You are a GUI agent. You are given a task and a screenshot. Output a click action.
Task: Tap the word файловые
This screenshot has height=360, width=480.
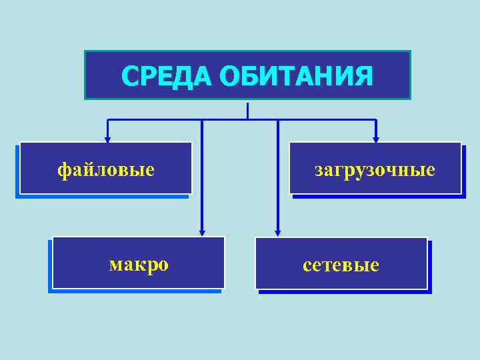point(106,170)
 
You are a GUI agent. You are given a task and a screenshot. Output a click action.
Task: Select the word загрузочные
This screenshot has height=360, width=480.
point(375,170)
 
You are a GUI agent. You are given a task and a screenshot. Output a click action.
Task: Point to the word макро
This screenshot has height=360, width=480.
point(139,265)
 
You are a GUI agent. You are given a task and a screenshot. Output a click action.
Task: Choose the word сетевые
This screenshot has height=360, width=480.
point(341,265)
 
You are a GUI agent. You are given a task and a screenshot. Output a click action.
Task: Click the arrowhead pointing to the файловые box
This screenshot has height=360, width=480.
point(107,140)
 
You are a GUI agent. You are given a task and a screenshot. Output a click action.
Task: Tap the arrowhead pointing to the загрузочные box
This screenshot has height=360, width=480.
point(376,140)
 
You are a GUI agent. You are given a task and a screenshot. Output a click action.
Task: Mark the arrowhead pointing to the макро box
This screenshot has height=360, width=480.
point(202,232)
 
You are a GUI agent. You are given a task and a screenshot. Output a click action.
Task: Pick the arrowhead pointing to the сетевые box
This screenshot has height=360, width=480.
point(278,232)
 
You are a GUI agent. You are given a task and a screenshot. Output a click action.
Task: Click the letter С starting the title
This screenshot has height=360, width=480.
point(129,77)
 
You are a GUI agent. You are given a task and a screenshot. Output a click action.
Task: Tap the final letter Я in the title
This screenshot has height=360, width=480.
point(363,77)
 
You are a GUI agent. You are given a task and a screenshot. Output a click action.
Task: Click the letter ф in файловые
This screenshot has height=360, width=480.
point(63,170)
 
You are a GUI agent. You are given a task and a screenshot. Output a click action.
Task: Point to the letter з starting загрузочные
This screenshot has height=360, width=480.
point(319,170)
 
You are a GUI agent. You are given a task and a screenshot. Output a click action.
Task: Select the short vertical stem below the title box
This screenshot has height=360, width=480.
point(247,111)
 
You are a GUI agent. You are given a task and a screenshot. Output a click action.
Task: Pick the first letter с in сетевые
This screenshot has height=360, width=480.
point(306,266)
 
